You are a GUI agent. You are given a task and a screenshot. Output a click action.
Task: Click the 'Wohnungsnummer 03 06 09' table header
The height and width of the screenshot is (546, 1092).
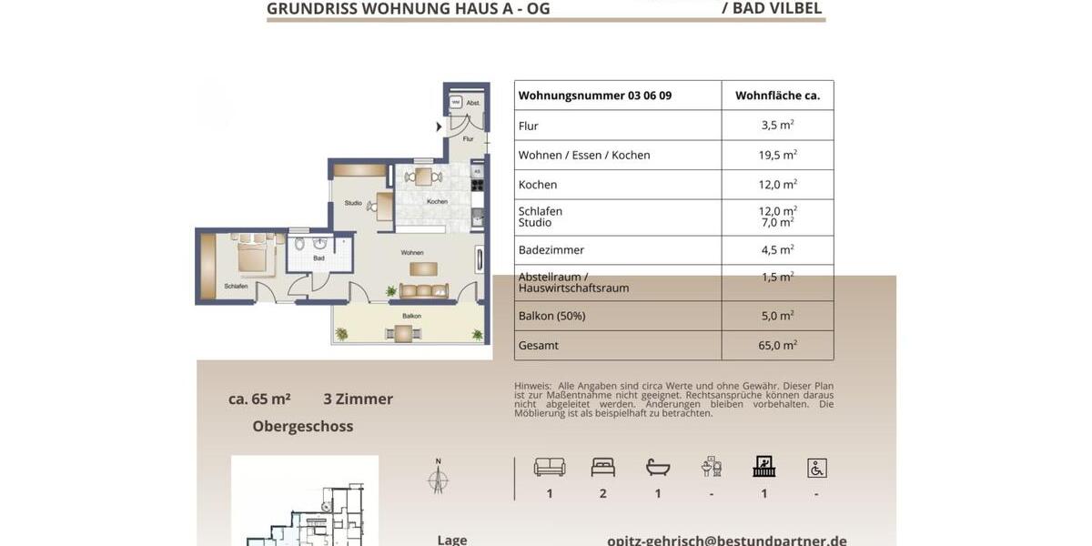[x=594, y=96]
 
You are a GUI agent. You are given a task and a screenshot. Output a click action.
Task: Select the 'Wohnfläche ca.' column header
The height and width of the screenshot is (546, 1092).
[x=777, y=96]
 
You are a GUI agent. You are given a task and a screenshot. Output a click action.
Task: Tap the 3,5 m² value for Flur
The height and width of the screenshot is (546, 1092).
[x=777, y=126]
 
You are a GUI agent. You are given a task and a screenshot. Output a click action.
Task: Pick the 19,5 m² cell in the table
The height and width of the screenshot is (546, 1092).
[x=777, y=155]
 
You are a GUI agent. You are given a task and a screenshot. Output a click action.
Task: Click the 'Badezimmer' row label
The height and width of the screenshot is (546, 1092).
[x=551, y=250]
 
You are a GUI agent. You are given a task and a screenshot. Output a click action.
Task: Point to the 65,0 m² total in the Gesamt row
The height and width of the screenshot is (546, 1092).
[x=777, y=345]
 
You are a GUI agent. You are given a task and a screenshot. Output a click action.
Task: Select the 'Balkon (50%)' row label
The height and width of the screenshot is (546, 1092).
[x=551, y=316]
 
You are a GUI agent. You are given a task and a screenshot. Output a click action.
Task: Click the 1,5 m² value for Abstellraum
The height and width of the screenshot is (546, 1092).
[x=777, y=278]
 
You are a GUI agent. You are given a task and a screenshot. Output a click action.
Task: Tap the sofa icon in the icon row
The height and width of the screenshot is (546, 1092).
[x=550, y=467]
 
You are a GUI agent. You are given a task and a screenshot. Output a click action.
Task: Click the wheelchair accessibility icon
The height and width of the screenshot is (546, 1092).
[x=816, y=468]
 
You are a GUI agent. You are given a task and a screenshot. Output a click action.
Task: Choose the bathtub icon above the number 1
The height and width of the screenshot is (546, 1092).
[x=658, y=467]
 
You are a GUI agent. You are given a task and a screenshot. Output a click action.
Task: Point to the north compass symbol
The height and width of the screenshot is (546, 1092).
[x=438, y=477]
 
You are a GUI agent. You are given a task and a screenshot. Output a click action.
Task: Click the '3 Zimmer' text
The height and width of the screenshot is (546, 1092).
[x=358, y=399]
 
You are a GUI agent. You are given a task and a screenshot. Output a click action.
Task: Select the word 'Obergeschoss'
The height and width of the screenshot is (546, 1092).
[x=303, y=426]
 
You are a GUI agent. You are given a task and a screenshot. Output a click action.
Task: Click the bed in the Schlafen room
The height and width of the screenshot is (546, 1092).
[x=255, y=258]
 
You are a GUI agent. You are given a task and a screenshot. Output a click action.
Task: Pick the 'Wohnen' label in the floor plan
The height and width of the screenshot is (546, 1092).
[x=412, y=252]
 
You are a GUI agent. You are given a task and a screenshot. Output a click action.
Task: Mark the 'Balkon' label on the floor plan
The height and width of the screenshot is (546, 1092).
[x=411, y=316]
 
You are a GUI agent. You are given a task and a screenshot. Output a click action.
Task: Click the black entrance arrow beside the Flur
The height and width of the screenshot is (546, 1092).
[x=439, y=126]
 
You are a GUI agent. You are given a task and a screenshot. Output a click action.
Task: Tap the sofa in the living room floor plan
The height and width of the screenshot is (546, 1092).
[x=424, y=291]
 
